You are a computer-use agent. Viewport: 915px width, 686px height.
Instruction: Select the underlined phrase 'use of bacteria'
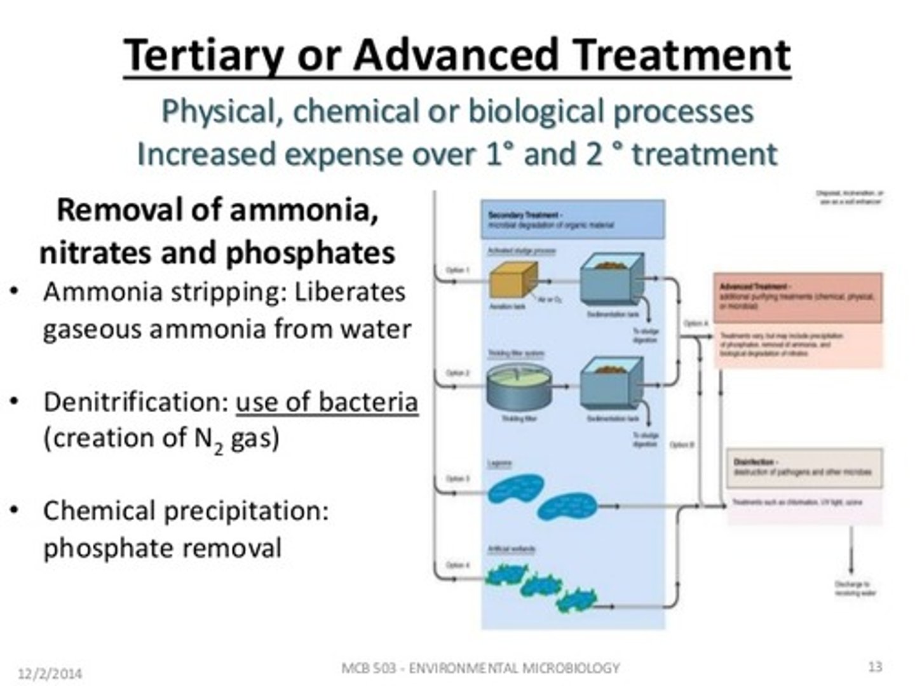point(327,402)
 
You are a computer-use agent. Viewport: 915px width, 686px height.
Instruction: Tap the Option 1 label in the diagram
point(457,271)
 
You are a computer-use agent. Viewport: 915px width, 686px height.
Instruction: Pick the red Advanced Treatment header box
point(798,297)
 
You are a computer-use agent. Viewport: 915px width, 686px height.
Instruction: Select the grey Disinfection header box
point(804,467)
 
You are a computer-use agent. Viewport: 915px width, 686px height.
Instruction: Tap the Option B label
point(681,445)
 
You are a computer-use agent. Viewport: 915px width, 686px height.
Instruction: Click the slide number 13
point(875,666)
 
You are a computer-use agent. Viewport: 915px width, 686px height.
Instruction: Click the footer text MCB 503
point(369,668)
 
